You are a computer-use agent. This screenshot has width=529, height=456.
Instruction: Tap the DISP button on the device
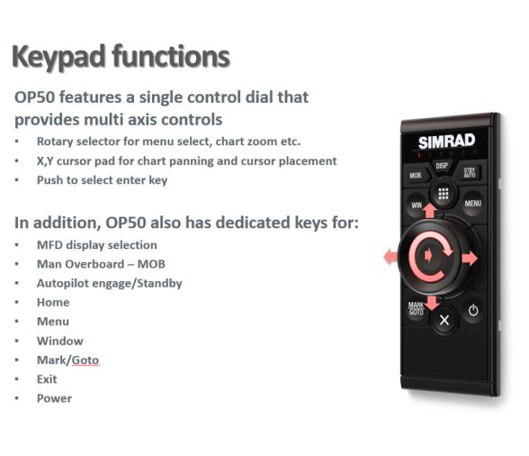(x=442, y=165)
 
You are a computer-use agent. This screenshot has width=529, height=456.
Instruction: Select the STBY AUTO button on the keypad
(x=470, y=172)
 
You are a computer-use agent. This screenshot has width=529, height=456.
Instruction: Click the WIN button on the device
(x=416, y=204)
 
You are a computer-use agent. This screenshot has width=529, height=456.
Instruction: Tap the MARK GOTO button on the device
(x=416, y=308)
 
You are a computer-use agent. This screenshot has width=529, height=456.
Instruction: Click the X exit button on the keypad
(x=444, y=320)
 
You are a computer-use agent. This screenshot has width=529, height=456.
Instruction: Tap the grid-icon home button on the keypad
(x=443, y=194)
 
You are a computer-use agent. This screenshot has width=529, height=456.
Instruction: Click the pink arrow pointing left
(x=391, y=258)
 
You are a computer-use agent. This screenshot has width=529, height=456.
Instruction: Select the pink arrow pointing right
(x=469, y=259)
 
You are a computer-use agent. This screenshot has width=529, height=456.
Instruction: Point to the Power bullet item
(x=54, y=398)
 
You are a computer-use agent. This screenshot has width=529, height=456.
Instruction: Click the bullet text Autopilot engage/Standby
(x=109, y=283)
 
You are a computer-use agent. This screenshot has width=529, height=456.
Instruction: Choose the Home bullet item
(x=53, y=302)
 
